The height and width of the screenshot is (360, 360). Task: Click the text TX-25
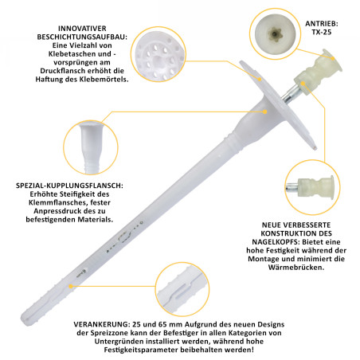coord(322,32)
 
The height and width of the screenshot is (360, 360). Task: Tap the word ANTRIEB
coord(321,24)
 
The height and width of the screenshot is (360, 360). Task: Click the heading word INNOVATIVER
coord(82,29)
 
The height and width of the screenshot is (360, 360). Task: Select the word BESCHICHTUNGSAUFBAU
coord(82,37)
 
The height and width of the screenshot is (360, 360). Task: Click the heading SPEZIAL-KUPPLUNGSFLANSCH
coord(69,186)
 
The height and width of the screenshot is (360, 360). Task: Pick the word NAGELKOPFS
coord(276,242)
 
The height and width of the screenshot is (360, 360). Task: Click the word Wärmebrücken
coord(296,267)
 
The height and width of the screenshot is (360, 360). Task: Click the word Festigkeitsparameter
coord(141,350)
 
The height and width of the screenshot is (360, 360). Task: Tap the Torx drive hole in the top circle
coord(275,33)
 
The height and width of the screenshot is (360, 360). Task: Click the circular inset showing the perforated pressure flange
coord(158,54)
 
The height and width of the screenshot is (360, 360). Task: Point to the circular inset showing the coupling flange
coord(91,147)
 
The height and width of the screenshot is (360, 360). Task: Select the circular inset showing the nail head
coord(312,187)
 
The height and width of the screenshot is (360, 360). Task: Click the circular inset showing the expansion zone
coord(182,289)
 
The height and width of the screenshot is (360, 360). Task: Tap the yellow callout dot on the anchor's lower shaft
coord(71,286)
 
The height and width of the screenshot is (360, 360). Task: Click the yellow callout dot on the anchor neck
coord(264,112)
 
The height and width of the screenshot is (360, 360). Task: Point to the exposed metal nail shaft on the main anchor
coord(291,94)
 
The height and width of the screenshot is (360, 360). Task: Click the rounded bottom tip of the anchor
coord(24,317)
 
